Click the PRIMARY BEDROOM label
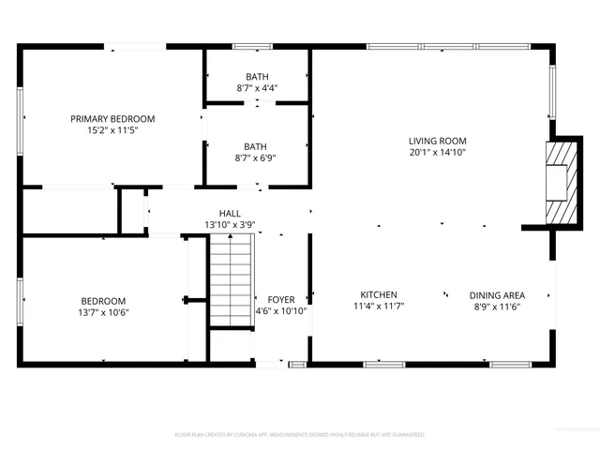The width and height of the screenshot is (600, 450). coord(112,119)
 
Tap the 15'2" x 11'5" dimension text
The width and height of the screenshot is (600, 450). coord(112,132)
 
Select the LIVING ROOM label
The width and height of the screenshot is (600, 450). coord(437,140)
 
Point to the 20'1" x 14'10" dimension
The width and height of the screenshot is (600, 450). coord(437,152)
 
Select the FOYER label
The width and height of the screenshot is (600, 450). coord(281,299)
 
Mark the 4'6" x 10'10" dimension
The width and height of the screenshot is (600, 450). coord(281,311)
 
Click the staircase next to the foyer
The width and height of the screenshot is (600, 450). coord(231,280)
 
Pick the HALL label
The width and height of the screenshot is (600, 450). coord(230,213)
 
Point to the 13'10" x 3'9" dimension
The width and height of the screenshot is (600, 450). coord(230,224)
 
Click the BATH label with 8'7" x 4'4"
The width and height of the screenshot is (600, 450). coord(256,76)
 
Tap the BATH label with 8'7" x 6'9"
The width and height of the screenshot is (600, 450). coord(256,146)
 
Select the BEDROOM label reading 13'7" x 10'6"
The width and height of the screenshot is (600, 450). coord(103,301)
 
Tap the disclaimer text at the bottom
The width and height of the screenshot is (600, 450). coord(300,435)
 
